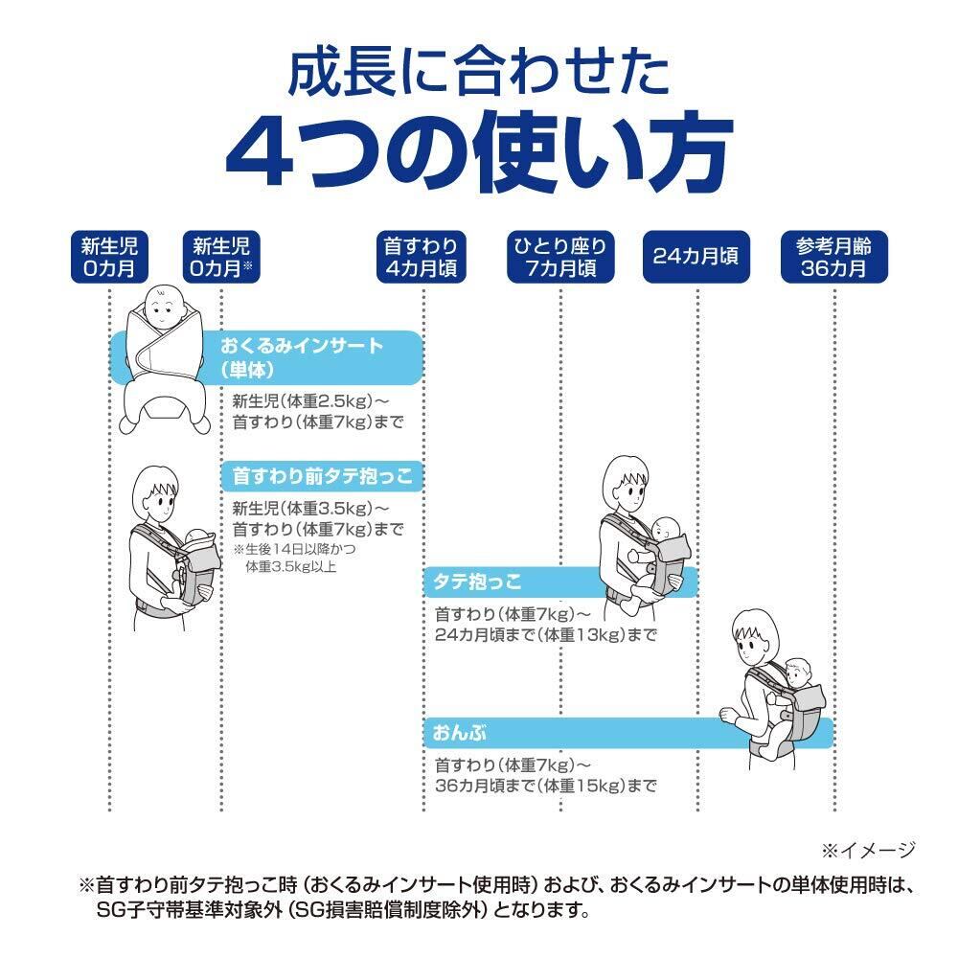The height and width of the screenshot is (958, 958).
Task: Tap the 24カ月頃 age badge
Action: (696, 256)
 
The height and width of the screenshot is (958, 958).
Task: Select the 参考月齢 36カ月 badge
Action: (833, 256)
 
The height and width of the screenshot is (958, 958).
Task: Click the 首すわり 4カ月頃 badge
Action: (422, 256)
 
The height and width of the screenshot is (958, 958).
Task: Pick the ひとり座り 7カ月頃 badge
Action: (559, 256)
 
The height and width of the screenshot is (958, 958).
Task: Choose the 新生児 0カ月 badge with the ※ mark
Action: (221, 256)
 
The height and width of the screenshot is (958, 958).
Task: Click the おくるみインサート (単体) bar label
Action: (302, 356)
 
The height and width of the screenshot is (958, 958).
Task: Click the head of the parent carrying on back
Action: (755, 637)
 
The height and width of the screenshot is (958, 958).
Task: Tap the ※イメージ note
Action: (867, 849)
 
